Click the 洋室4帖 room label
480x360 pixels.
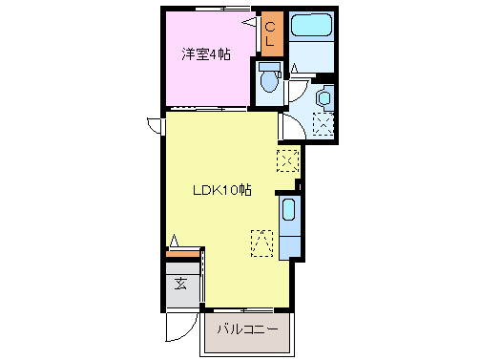pos(206,54)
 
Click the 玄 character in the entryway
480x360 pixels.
pos(179,284)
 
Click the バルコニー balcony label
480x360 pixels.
pos(246,328)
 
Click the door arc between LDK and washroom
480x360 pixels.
pos(287,125)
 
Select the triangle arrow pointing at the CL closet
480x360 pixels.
pos(253,18)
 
